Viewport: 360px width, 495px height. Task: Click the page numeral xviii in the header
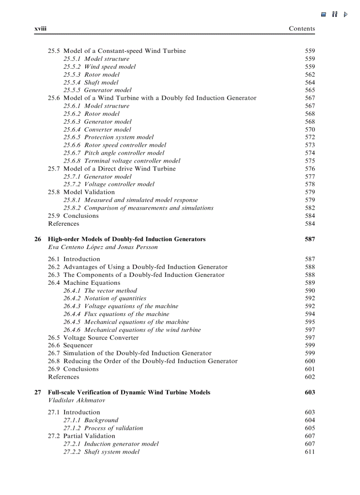coord(41,29)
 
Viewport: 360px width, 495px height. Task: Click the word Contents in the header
coord(302,29)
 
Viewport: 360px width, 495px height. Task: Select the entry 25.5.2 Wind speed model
coord(99,67)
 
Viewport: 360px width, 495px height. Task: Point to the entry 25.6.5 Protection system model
coord(109,137)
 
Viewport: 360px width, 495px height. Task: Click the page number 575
coord(310,161)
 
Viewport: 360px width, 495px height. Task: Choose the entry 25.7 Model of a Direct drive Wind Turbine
coord(112,168)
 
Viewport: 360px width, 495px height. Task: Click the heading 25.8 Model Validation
coord(81,192)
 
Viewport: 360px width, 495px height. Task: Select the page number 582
coord(310,208)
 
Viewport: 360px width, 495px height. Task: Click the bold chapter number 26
coord(38,239)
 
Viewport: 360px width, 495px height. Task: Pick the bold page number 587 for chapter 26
coord(310,239)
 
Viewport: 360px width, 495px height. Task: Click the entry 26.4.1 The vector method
coord(100,290)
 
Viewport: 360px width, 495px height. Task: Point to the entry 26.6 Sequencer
coord(70,345)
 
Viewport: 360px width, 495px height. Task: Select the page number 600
coord(310,361)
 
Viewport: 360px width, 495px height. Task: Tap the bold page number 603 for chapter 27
coord(310,392)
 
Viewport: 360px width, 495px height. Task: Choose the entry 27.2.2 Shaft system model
coord(101,452)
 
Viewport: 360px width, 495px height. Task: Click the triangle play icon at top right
coord(346,14)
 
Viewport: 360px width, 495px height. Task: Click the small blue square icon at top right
coord(323,15)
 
